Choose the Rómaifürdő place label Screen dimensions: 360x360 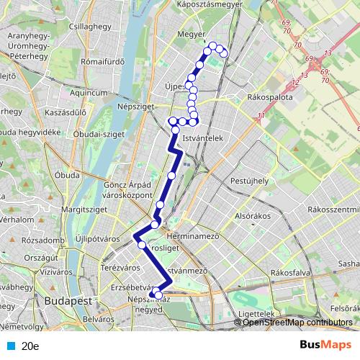click(105, 61)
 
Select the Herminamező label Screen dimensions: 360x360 click(195, 236)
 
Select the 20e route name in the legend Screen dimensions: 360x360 click(30, 346)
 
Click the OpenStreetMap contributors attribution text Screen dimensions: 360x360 click(297, 322)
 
